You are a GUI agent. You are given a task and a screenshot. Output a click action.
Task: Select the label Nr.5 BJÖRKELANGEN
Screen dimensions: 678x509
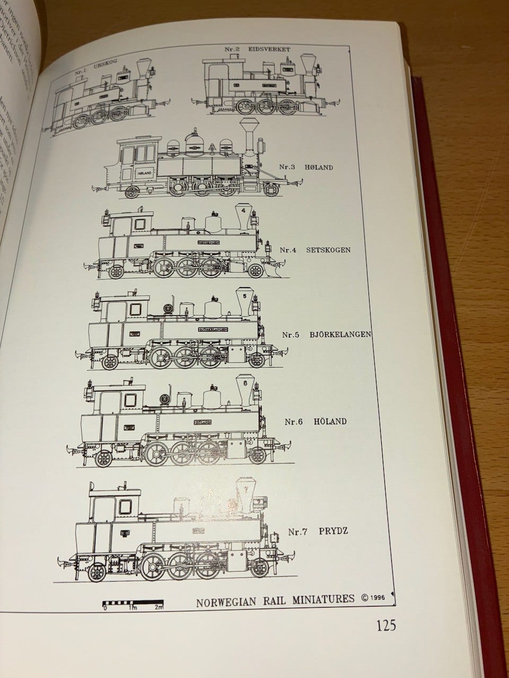(326, 334)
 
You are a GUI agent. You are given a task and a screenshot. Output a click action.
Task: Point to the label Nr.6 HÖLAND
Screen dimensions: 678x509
(315, 422)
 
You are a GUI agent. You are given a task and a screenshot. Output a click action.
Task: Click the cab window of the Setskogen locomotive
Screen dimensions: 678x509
(141, 224)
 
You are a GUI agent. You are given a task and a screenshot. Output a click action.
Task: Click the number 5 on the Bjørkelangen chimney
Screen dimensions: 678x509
(244, 297)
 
